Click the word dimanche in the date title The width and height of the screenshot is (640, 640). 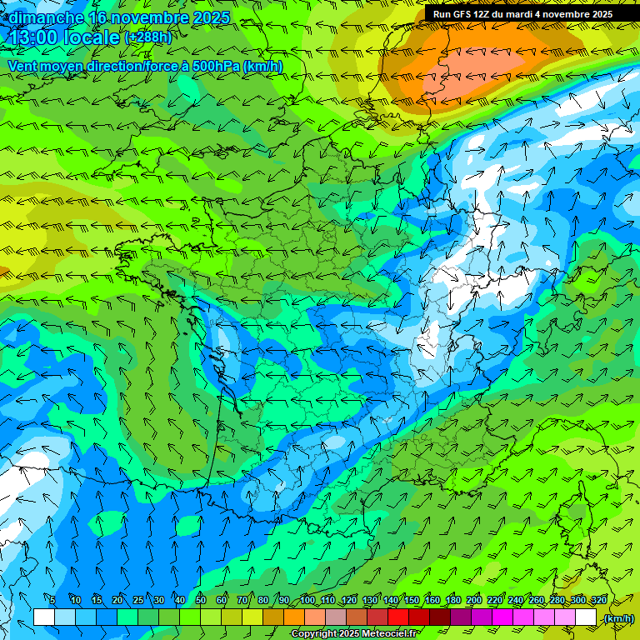(44, 17)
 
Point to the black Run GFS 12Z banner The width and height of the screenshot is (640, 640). (522, 13)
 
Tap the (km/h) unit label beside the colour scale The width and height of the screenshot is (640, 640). (618, 618)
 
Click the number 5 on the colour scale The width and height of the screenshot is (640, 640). (52, 601)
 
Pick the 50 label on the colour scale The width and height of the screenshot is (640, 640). (201, 601)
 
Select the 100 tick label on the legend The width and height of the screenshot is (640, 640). (307, 601)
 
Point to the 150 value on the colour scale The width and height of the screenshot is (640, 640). (412, 601)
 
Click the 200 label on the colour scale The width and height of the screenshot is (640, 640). (474, 601)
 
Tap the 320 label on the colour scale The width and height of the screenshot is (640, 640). (598, 601)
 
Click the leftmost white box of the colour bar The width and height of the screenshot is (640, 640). (44, 617)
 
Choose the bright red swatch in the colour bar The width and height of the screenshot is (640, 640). (398, 617)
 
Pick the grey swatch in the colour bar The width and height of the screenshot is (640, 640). (336, 617)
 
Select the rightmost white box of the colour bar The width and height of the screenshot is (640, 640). (586, 617)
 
